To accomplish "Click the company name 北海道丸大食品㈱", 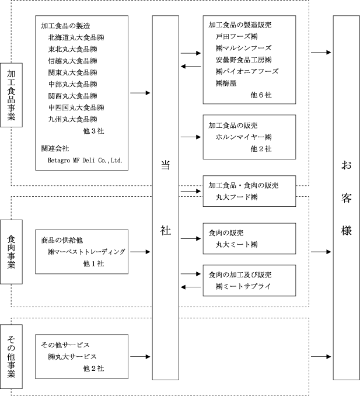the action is (x=76, y=37).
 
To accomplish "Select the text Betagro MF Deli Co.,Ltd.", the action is (x=85, y=160).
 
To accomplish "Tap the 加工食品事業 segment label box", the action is (x=11, y=95).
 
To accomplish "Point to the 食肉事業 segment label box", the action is (x=11, y=252).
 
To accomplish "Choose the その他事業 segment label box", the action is (x=11, y=356).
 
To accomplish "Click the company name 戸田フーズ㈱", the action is (x=237, y=37).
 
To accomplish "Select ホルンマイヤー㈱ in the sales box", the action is (x=244, y=137).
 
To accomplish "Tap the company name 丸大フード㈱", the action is (x=237, y=197).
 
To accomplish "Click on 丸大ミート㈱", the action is (x=237, y=245).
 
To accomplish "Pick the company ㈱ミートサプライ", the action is (x=243, y=286).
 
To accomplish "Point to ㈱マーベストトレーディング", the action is (x=86, y=252).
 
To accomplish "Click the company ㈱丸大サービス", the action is (x=72, y=357).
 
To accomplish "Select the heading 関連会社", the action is (x=55, y=148).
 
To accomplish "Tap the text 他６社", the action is (x=261, y=95).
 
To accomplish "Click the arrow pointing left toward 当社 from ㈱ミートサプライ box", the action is (x=191, y=287).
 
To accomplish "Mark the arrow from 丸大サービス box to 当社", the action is (x=140, y=357).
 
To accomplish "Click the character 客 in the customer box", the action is (x=347, y=198).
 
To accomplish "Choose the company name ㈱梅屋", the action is (x=226, y=83).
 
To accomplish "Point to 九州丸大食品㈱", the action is (x=73, y=119).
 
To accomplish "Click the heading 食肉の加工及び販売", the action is (x=240, y=275).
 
